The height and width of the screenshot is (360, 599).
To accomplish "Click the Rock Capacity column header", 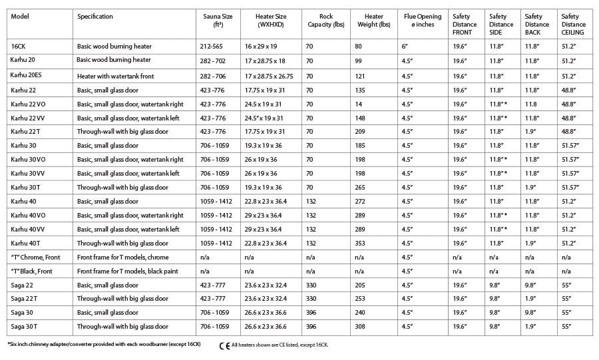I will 326,21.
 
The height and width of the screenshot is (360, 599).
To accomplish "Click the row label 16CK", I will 19,47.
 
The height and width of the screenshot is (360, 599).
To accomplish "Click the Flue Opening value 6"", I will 405,47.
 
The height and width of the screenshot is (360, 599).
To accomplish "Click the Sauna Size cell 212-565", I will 214,47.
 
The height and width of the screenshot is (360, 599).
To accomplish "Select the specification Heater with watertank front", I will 115,77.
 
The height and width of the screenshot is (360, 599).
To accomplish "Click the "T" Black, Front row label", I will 31,271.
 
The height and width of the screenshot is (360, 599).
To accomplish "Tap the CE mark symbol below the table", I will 224,345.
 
